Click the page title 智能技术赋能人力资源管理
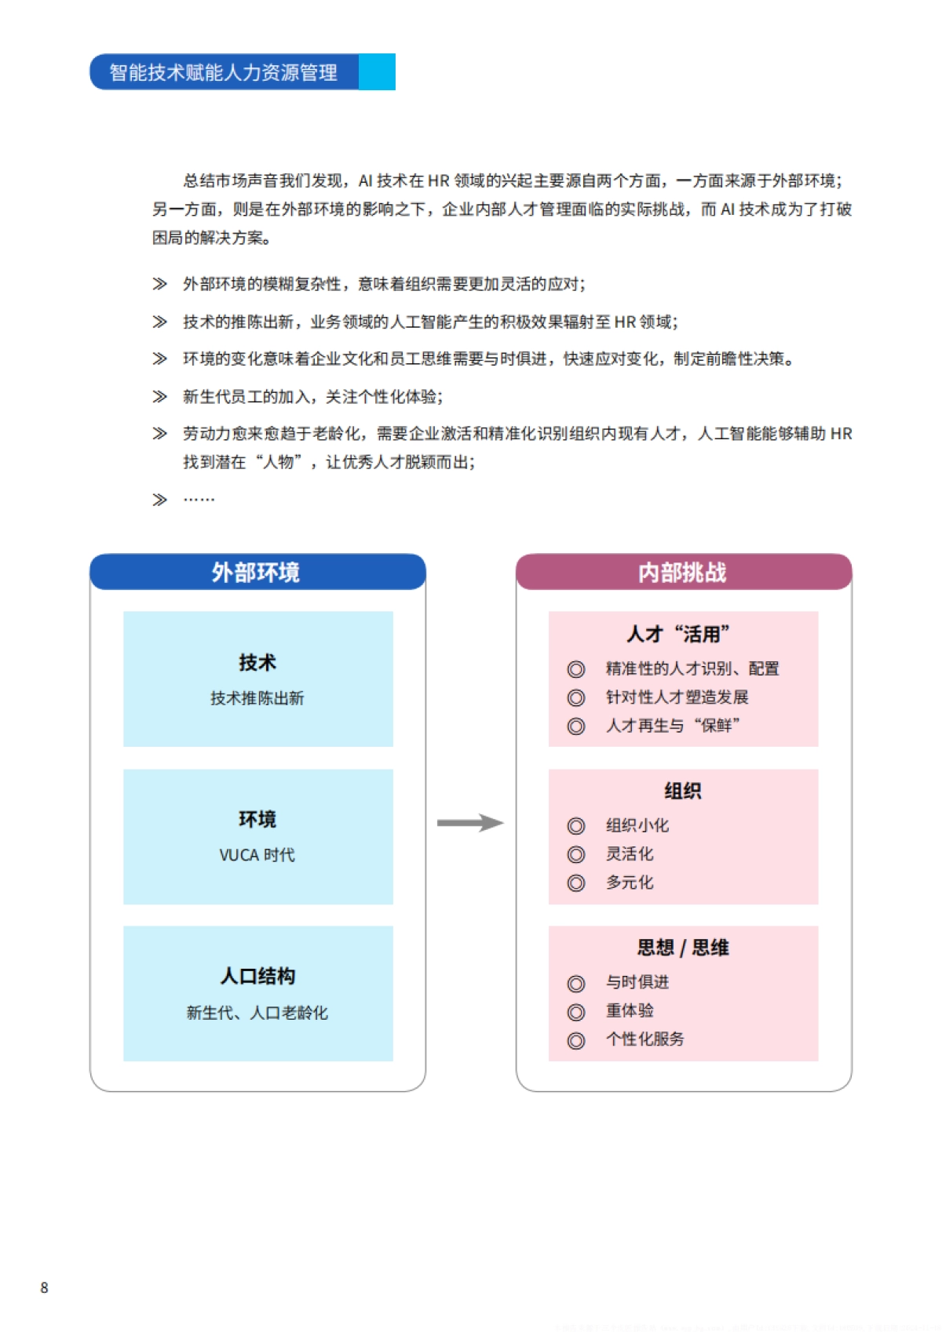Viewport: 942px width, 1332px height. pyautogui.click(x=224, y=72)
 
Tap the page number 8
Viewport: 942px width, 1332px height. pyautogui.click(x=45, y=1287)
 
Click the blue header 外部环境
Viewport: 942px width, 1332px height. pyautogui.click(x=257, y=573)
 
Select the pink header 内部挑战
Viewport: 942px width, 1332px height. pyautogui.click(x=682, y=573)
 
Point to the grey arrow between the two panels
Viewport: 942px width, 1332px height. pyautogui.click(x=469, y=823)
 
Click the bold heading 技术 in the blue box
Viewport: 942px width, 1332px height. pyautogui.click(x=257, y=663)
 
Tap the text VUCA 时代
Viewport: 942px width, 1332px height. pyautogui.click(x=257, y=855)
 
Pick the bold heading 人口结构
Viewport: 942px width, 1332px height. pyautogui.click(x=257, y=976)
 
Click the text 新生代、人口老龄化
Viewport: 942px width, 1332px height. pyautogui.click(x=257, y=1013)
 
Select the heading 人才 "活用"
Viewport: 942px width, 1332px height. pyautogui.click(x=679, y=634)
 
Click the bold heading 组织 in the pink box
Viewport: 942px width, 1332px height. pyautogui.click(x=682, y=791)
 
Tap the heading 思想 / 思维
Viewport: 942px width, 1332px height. pyautogui.click(x=682, y=948)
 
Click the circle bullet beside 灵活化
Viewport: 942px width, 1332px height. pyautogui.click(x=576, y=855)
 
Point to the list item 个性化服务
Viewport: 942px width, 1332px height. pyautogui.click(x=644, y=1039)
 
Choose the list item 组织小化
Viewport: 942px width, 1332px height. pyautogui.click(x=637, y=825)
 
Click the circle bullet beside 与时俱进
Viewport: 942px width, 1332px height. pyautogui.click(x=576, y=984)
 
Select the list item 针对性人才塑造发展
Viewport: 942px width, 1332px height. pyautogui.click(x=677, y=697)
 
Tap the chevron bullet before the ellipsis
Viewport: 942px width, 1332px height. pyautogui.click(x=159, y=500)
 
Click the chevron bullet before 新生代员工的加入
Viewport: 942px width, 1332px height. pyautogui.click(x=159, y=397)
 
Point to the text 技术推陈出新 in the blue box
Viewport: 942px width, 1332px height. pyautogui.click(x=257, y=698)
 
